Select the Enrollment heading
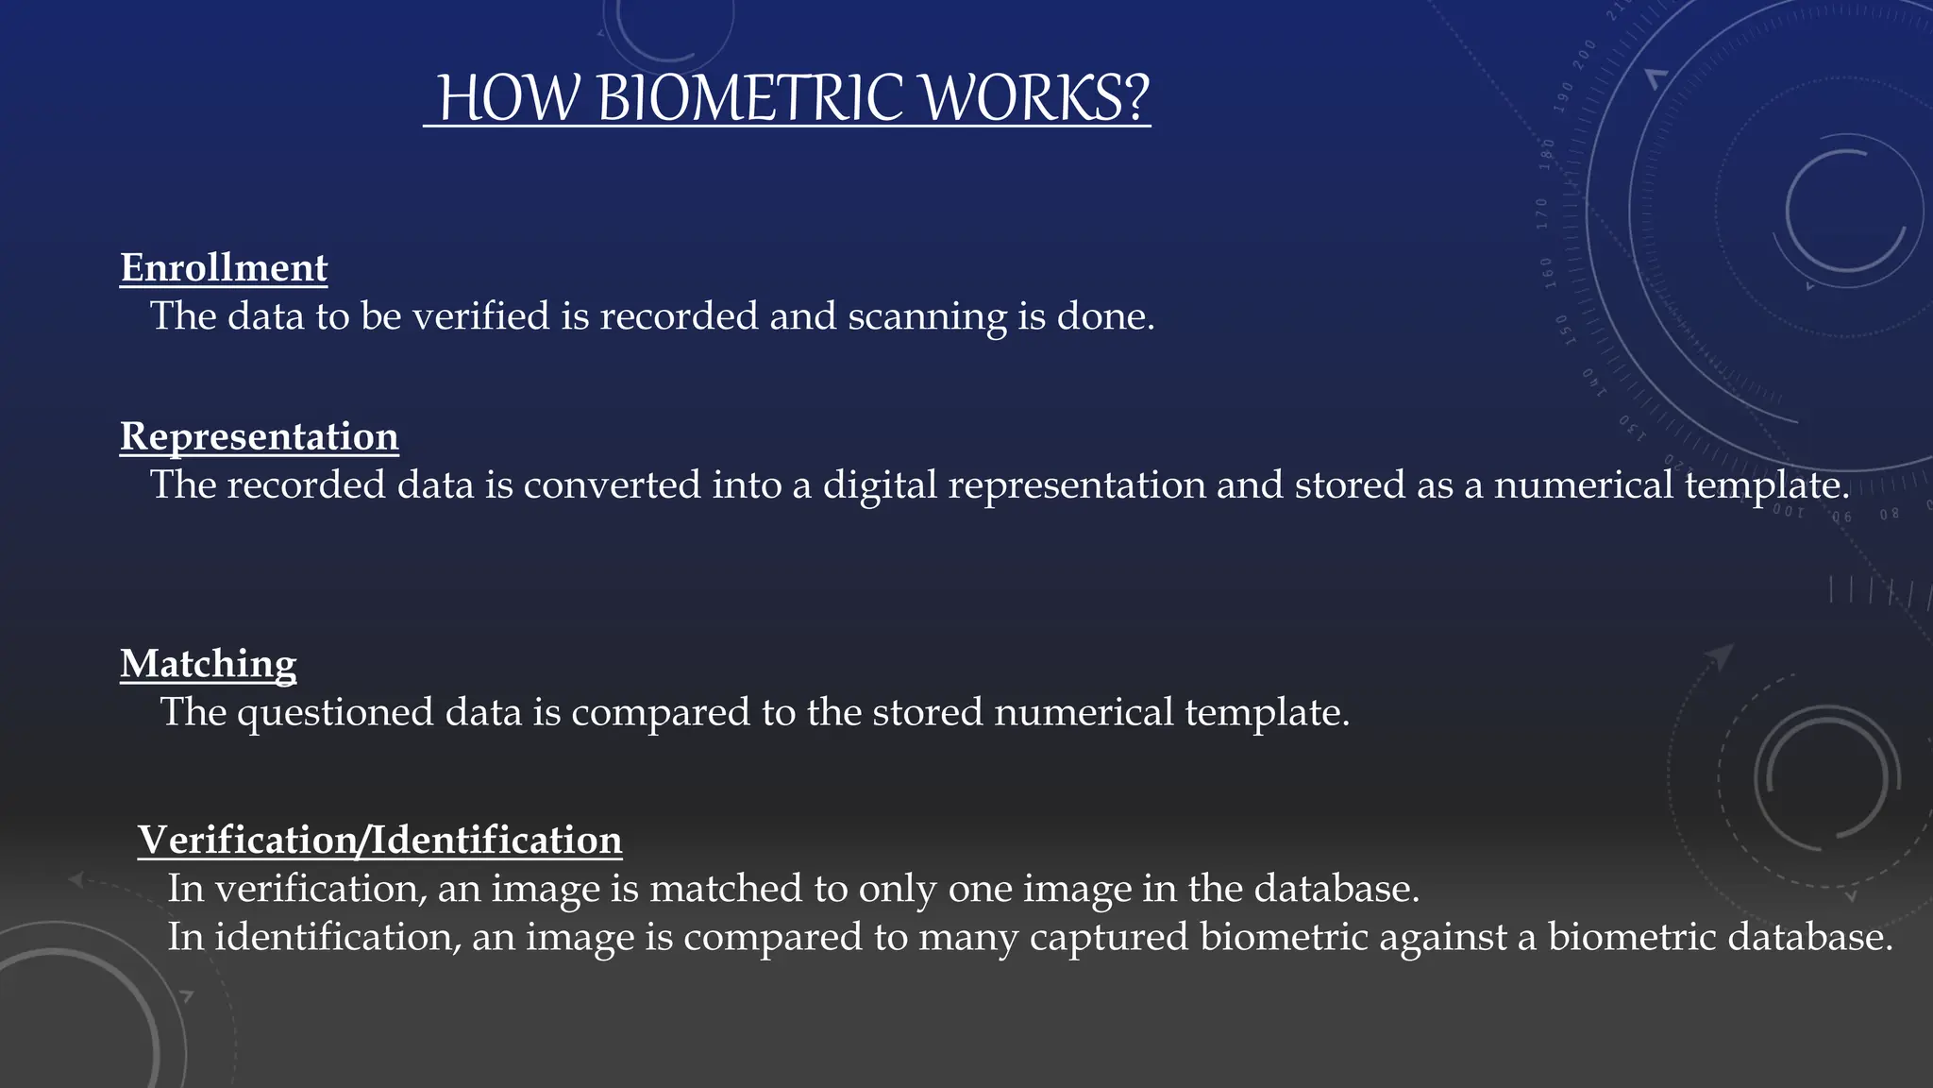(x=224, y=268)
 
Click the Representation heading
(x=260, y=436)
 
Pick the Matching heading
(x=209, y=664)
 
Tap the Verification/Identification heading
(x=379, y=841)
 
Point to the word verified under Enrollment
(x=481, y=315)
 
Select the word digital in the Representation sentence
(x=880, y=485)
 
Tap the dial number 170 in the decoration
(x=1542, y=213)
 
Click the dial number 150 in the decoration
(x=1562, y=331)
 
